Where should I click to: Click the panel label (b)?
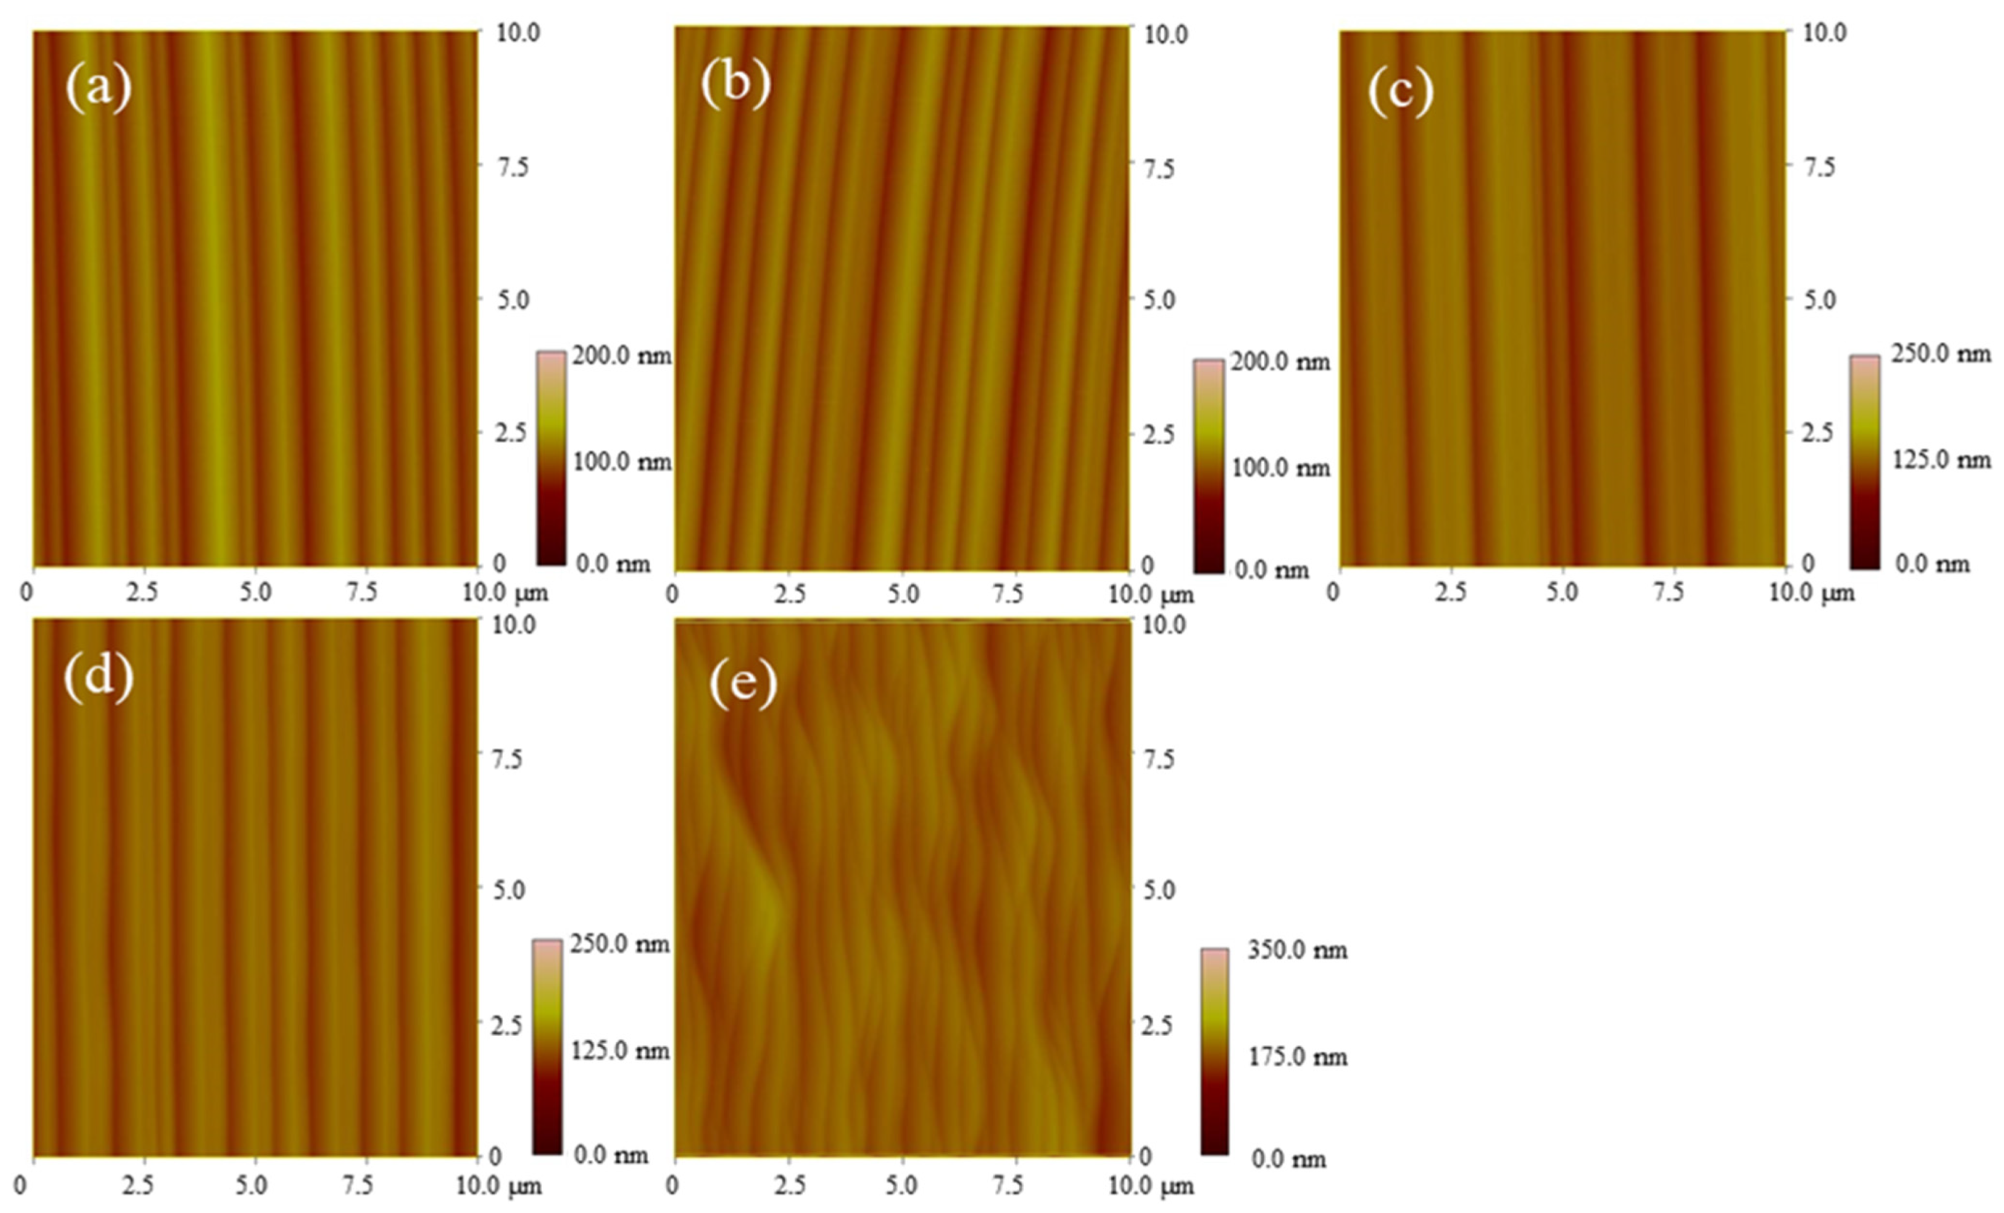point(735,84)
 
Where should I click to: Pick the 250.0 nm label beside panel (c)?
point(1940,354)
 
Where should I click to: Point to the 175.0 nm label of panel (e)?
point(1297,1057)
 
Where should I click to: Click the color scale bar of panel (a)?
point(551,458)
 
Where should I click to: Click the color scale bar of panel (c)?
point(1864,461)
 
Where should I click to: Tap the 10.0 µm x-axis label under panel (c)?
point(1810,593)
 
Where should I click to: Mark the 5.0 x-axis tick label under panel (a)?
point(255,593)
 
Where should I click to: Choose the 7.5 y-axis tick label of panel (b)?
point(1158,168)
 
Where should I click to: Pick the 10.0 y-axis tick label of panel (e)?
point(1165,625)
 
